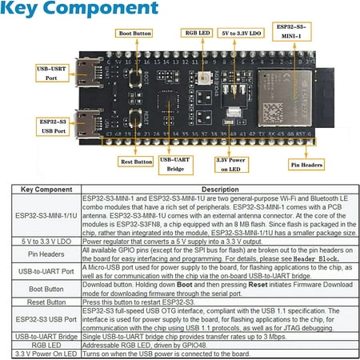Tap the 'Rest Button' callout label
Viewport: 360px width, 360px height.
[137, 161]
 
